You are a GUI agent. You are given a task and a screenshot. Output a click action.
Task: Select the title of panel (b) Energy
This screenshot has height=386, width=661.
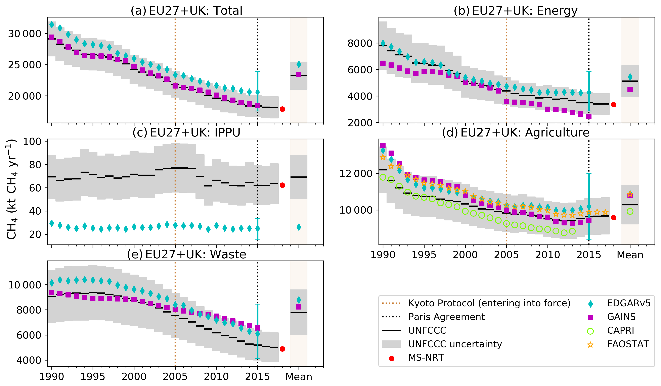click(515, 10)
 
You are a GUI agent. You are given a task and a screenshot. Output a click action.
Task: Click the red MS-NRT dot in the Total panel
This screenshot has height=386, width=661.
click(282, 109)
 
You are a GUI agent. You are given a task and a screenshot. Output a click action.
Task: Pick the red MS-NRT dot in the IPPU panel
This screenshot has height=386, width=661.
click(282, 185)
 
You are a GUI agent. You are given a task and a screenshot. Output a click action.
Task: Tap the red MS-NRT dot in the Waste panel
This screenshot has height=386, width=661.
click(282, 349)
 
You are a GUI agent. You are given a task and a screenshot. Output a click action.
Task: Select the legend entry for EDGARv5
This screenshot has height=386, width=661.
click(628, 303)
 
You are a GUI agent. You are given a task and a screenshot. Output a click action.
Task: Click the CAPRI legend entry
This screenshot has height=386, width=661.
click(620, 330)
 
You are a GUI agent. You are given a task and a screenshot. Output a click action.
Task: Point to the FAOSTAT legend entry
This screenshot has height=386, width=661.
click(628, 344)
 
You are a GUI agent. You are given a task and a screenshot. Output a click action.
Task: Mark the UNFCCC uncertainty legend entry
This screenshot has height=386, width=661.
click(455, 344)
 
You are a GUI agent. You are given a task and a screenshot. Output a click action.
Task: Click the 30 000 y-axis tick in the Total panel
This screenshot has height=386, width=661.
click(25, 34)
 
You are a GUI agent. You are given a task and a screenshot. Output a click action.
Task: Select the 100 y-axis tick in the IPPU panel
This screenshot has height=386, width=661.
click(32, 142)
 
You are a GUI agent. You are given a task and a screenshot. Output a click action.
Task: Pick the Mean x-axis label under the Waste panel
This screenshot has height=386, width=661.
click(299, 377)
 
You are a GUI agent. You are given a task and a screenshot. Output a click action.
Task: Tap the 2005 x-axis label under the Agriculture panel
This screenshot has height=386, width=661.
click(506, 255)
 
